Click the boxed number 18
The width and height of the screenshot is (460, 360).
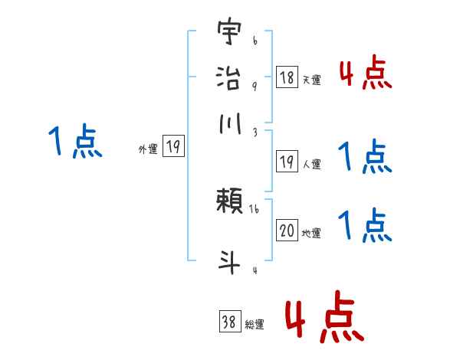[x=287, y=77]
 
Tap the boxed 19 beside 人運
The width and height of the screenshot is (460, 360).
[x=287, y=161]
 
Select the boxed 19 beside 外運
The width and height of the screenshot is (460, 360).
[x=174, y=147]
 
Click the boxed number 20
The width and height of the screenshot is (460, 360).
[x=287, y=231]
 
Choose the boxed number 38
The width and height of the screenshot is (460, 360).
[x=229, y=322]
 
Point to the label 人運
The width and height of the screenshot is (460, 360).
[x=311, y=164]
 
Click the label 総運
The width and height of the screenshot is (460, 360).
[x=255, y=325]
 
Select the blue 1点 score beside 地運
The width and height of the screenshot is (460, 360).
[x=365, y=226]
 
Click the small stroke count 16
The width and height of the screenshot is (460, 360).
[x=255, y=207]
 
